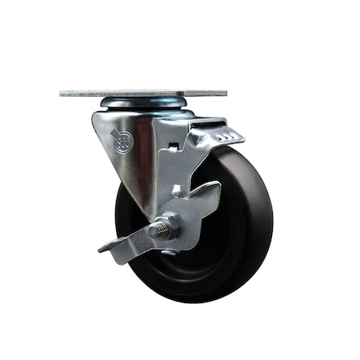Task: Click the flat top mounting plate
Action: tap(144, 93)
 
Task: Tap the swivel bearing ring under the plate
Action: tap(144, 104)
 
